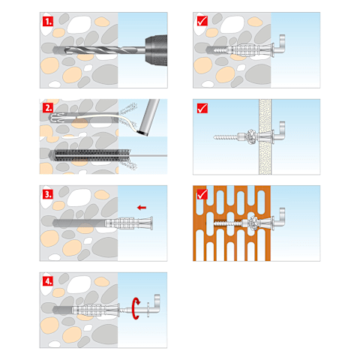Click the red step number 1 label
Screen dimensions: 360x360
tap(48, 21)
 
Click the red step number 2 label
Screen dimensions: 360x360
tap(48, 108)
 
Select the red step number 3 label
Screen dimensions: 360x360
tap(48, 194)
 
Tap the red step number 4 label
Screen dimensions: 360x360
tap(48, 281)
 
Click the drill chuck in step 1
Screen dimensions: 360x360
tap(156, 50)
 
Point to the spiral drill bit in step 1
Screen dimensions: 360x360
tap(99, 50)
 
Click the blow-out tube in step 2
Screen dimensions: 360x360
tap(148, 117)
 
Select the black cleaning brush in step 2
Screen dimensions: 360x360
tap(92, 155)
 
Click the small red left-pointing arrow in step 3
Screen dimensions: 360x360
tap(142, 208)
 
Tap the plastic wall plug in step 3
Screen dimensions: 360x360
tap(129, 223)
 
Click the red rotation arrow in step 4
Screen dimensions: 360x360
tap(136, 308)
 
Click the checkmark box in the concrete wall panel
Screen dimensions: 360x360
tap(202, 21)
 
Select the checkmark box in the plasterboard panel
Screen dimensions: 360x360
tap(202, 108)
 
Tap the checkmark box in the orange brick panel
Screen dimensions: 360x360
tap(202, 194)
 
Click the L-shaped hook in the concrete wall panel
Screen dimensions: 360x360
tap(280, 45)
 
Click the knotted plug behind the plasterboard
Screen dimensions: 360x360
tap(251, 136)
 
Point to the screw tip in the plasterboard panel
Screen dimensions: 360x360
tap(214, 137)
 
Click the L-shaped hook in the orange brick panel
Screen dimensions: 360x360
tap(280, 218)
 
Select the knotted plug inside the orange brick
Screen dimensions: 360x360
tap(253, 223)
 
